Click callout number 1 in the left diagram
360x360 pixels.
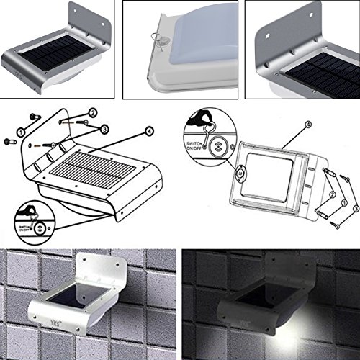tap(21, 132)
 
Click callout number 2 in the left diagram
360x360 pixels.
tap(92, 113)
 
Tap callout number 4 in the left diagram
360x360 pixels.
tap(149, 131)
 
